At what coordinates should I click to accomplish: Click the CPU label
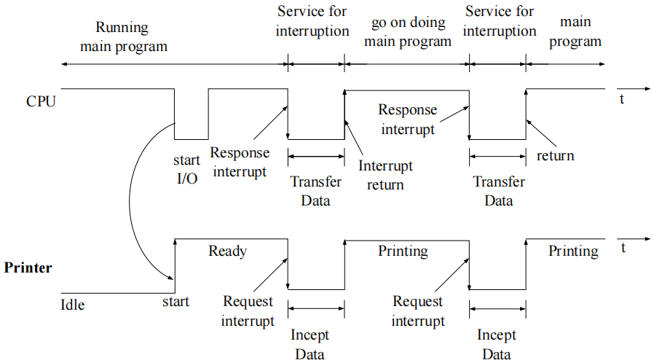[41, 101]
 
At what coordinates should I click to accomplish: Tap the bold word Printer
[28, 267]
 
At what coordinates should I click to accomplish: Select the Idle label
[73, 305]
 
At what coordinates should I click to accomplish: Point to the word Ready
[227, 251]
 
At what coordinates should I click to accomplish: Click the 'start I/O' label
[186, 169]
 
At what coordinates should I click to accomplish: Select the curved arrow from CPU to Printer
[130, 201]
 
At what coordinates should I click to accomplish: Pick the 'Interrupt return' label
[385, 175]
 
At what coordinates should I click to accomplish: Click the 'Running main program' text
[124, 36]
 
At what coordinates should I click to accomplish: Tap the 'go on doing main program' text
[408, 32]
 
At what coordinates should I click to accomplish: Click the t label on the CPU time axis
[622, 99]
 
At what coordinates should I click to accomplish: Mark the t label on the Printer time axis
[623, 248]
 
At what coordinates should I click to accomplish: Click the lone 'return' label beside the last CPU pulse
[556, 156]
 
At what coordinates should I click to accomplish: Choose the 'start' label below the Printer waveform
[176, 302]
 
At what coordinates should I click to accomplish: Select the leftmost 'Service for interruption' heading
[312, 21]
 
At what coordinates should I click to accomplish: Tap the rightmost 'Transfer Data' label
[499, 191]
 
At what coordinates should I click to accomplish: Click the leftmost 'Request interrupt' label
[248, 311]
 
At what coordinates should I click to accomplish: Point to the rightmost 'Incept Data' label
[497, 344]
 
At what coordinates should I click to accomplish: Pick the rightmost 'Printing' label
[573, 251]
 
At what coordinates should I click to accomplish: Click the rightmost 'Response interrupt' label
[408, 120]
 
